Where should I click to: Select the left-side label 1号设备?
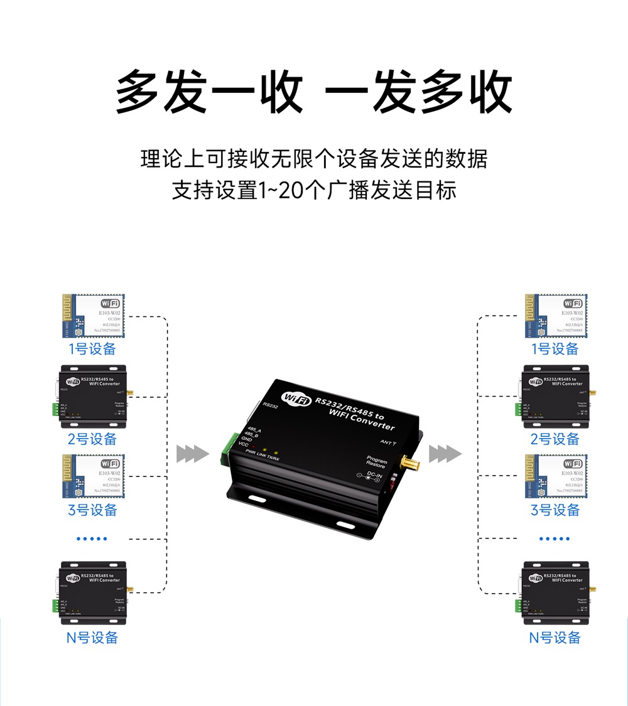(x=92, y=349)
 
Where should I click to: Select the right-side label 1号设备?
(x=555, y=349)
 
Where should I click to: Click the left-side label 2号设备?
(x=92, y=439)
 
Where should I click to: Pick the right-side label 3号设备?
(x=555, y=510)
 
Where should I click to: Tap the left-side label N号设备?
(x=92, y=638)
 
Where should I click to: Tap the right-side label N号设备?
(x=555, y=638)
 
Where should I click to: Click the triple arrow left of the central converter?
(x=192, y=453)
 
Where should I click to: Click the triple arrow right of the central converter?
(x=445, y=453)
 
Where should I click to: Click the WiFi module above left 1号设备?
(x=93, y=317)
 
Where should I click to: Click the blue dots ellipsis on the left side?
(x=92, y=538)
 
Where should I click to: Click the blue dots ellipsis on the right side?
(x=555, y=538)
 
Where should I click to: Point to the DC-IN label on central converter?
(x=375, y=475)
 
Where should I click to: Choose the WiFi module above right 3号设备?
(x=555, y=476)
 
